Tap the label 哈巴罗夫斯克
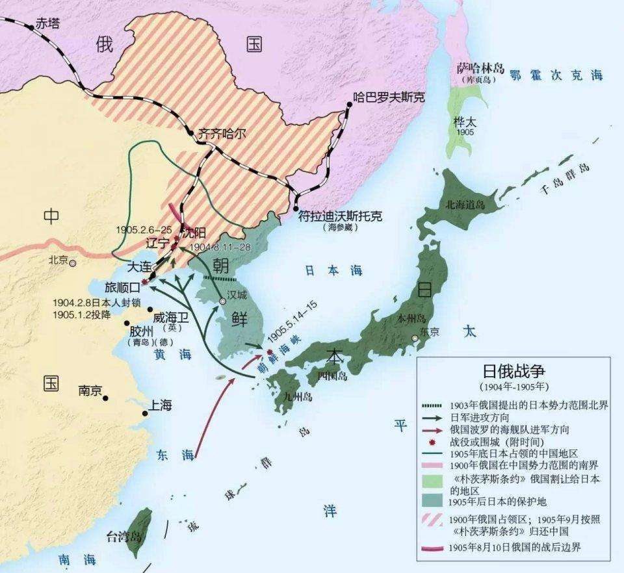tap(388, 97)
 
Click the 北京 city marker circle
tap(73, 263)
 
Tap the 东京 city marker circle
tap(415, 338)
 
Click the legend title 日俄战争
tap(513, 371)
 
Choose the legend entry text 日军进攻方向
tap(482, 416)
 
